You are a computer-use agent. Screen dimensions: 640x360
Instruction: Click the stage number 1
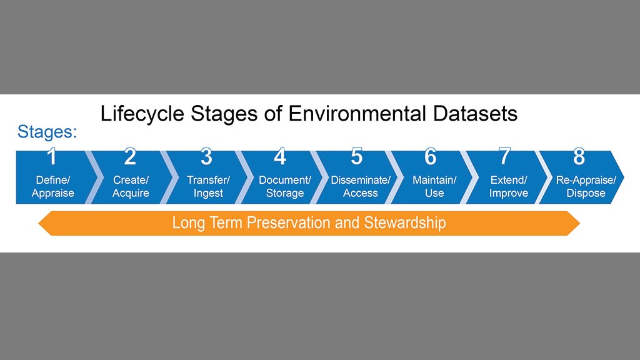[x=51, y=156]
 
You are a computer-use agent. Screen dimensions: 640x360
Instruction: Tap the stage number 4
[x=280, y=156]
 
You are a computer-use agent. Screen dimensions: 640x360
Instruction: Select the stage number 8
[x=579, y=156]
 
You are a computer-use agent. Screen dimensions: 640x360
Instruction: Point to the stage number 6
[x=430, y=156]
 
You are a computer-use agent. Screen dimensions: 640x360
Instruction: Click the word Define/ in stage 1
[x=53, y=180]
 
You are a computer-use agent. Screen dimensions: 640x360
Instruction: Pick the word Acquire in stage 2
[x=131, y=193]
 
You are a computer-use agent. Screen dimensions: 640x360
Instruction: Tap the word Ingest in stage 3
[x=208, y=193]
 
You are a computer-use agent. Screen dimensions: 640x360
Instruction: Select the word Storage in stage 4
[x=285, y=193]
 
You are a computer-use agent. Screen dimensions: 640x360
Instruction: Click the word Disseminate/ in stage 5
[x=361, y=180]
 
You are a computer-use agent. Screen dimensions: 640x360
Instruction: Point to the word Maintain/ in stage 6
[x=434, y=180]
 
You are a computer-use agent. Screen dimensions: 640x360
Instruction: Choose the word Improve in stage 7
[x=509, y=193]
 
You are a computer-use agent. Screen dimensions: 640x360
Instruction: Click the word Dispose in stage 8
[x=586, y=193]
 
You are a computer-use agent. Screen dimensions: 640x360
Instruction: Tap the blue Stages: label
[x=47, y=132]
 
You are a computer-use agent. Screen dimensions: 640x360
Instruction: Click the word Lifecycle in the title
[x=142, y=114]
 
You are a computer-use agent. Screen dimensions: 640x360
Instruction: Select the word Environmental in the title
[x=357, y=114]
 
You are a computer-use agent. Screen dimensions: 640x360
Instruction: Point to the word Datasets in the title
[x=475, y=114]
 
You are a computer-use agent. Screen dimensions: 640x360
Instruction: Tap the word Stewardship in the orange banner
[x=405, y=223]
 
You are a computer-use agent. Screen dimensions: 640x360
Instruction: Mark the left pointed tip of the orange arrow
[x=38, y=223]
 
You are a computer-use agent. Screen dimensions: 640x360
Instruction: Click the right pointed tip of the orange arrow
[x=579, y=223]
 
